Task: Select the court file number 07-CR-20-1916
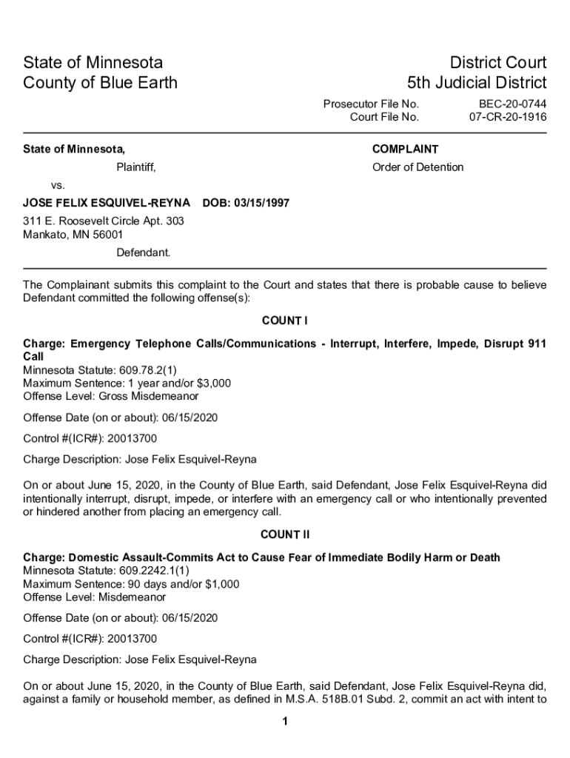point(508,117)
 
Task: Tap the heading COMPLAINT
point(405,150)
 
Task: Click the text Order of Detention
point(418,167)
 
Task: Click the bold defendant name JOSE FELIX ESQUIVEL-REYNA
point(107,203)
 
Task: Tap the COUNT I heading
point(284,321)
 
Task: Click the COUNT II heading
point(284,534)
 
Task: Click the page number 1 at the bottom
point(285,722)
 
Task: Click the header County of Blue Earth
point(100,82)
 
